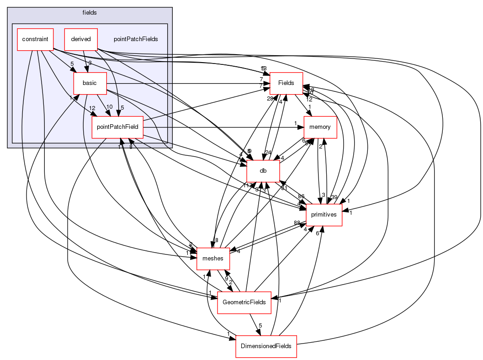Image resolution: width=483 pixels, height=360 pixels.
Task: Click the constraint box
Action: (35, 39)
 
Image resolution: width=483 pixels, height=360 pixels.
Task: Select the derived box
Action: (80, 39)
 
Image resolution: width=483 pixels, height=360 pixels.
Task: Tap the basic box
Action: (90, 83)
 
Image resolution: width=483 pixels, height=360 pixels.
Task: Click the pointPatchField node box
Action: (117, 127)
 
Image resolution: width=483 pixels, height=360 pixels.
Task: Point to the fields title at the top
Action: (90, 12)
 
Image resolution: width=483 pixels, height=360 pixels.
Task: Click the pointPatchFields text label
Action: (136, 39)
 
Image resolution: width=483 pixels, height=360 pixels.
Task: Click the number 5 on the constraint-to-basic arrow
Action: (72, 64)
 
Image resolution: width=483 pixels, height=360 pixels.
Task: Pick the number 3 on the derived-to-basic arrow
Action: (90, 63)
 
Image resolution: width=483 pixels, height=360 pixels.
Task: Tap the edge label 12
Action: (92, 108)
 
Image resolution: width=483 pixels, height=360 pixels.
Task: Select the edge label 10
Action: (109, 107)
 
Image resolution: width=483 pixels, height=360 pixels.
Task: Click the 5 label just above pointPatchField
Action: (122, 108)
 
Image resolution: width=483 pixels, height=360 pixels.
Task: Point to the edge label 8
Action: (131, 147)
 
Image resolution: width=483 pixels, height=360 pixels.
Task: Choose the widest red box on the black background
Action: (266, 347)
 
